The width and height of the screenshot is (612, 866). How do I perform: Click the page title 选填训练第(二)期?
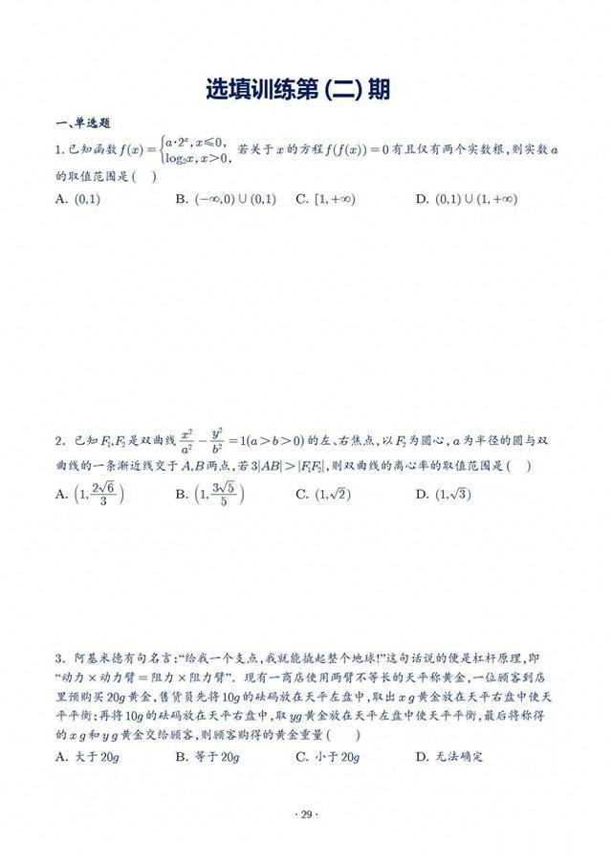coord(298,89)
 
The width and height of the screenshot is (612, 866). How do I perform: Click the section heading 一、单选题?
coord(84,122)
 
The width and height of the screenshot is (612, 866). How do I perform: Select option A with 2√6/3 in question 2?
coord(91,495)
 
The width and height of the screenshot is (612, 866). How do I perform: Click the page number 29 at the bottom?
coord(306,814)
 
